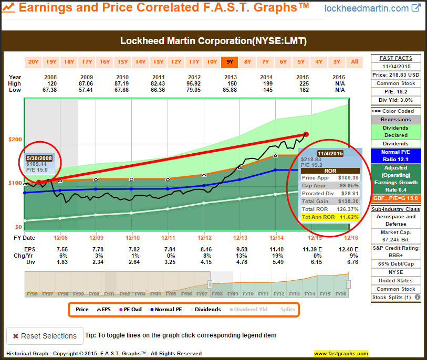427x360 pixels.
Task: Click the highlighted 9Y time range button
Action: [230, 62]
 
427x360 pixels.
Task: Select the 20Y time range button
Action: [33, 62]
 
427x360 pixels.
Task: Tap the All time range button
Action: [355, 62]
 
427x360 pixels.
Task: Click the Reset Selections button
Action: [45, 336]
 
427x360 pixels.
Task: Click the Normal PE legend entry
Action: [165, 310]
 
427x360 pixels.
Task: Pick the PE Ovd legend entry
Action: [129, 310]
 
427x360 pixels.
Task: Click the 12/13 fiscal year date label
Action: [240, 238]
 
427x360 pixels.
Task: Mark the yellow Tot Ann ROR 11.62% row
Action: [330, 217]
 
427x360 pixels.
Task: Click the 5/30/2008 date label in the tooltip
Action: [39, 157]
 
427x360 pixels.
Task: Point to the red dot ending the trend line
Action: [306, 134]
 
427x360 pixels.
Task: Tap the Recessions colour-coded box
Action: [395, 119]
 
